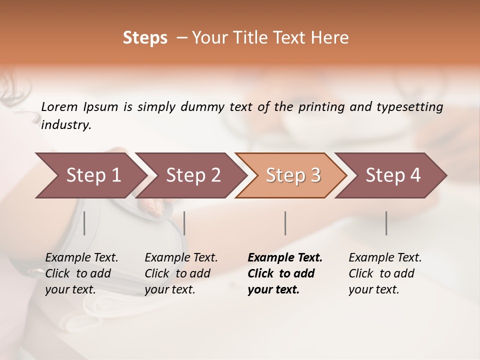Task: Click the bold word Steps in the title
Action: tap(145, 38)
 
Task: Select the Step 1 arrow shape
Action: tap(90, 175)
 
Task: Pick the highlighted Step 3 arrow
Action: tap(292, 175)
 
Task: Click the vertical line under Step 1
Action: tap(84, 223)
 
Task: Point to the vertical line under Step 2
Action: tap(184, 223)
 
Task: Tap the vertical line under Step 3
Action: tap(285, 223)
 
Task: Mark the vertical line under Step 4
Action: tap(386, 223)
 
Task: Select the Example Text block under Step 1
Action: tap(81, 273)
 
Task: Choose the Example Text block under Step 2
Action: tap(181, 273)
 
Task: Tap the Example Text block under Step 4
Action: tap(385, 273)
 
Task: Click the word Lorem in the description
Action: tap(59, 107)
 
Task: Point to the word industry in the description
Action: tap(66, 125)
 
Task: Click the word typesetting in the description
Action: tap(413, 107)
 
